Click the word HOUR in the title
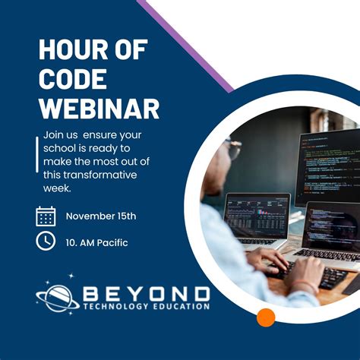click(71, 50)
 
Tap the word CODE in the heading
click(72, 79)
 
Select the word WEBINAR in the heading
click(99, 108)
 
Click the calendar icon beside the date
click(46, 216)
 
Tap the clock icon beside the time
click(46, 242)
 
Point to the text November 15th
click(101, 216)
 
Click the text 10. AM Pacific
click(96, 243)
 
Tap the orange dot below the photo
click(266, 317)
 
